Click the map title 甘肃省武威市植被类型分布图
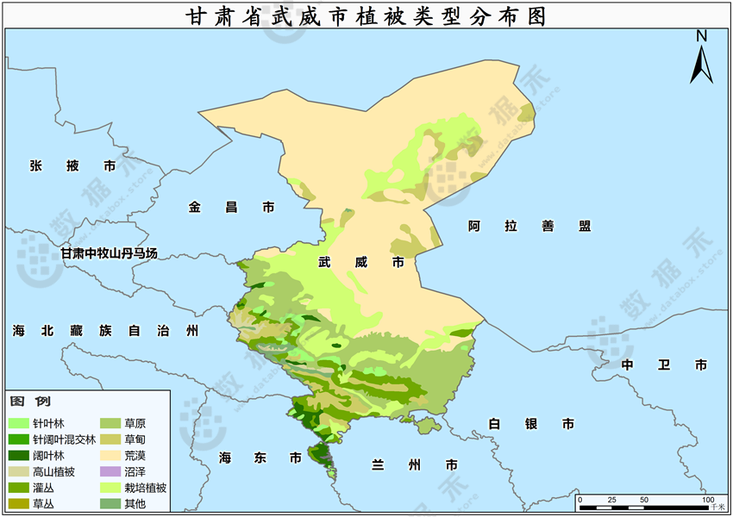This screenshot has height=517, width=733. [366, 16]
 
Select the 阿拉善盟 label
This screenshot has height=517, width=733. [529, 226]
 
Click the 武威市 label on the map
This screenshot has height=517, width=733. [360, 261]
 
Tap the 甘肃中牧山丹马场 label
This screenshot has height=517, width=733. [109, 252]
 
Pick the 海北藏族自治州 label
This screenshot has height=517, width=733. [105, 331]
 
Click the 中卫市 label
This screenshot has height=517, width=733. [664, 364]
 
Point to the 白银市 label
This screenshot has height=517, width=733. [530, 424]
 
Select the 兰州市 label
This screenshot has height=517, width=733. [409, 465]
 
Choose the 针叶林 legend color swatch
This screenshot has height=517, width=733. [19, 424]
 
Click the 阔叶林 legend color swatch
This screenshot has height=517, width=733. [19, 456]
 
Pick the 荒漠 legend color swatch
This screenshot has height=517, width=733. [111, 456]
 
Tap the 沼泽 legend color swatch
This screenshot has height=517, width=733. [111, 471]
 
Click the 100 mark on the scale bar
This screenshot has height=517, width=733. [707, 500]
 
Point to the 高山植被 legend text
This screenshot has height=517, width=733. [53, 471]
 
